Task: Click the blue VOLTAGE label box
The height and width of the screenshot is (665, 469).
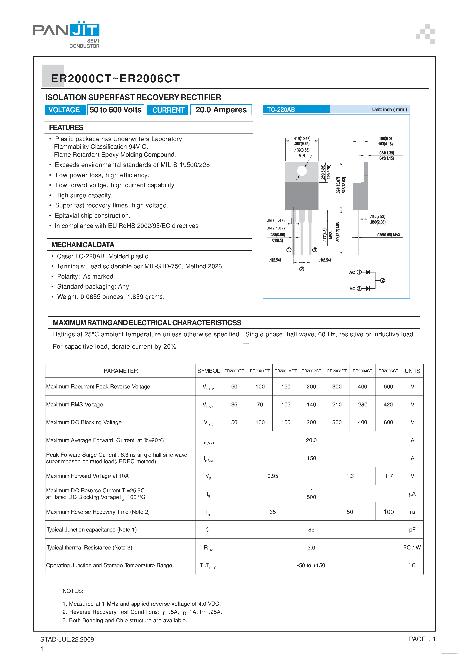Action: click(x=64, y=110)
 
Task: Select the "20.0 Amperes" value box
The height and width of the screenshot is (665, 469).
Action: click(x=221, y=110)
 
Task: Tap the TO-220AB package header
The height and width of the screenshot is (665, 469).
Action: click(x=281, y=109)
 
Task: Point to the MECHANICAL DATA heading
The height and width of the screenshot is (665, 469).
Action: click(x=83, y=245)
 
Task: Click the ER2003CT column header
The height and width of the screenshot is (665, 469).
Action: click(x=337, y=371)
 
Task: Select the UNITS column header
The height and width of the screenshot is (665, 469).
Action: click(x=412, y=371)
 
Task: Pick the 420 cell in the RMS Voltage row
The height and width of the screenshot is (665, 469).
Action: click(x=388, y=405)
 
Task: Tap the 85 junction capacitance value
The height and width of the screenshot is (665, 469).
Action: click(x=311, y=529)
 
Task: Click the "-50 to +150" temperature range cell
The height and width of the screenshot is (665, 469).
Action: click(x=311, y=565)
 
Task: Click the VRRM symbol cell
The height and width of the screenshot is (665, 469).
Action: click(x=208, y=387)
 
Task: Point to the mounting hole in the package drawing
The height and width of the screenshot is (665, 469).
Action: click(x=302, y=171)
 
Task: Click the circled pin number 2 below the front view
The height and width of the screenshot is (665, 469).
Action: click(x=302, y=269)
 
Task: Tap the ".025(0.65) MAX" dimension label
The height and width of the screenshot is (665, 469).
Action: click(x=388, y=235)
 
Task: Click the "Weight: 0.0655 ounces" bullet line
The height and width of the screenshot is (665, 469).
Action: click(x=111, y=297)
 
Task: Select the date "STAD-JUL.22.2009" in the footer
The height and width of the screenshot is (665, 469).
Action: click(x=67, y=639)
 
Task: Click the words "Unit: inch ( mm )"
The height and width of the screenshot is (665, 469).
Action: click(x=389, y=109)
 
